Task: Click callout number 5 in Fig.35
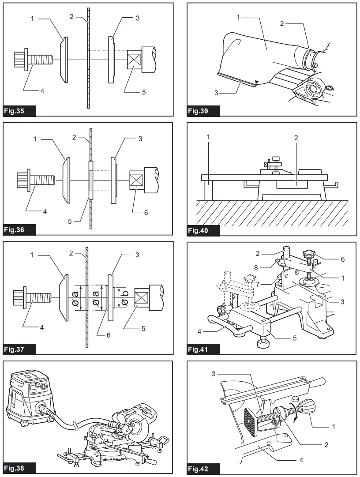[144, 92]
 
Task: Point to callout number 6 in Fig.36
[146, 212]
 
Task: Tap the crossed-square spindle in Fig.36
[136, 181]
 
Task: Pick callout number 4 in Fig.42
[300, 459]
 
